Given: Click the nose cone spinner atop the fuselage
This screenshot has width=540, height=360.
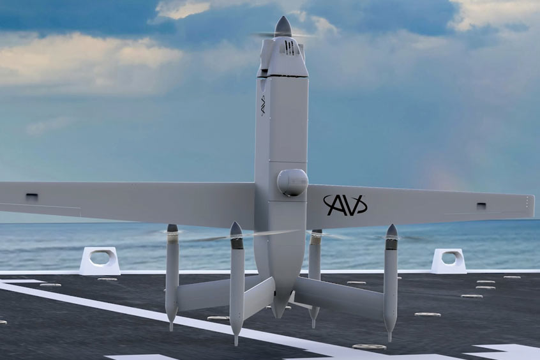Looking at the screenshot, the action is [283, 26].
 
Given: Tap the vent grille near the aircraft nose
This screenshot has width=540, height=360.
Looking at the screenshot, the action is [289, 47].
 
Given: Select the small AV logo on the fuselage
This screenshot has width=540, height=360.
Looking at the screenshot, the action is [263, 105].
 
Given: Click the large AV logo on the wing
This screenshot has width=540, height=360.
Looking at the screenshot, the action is [345, 205].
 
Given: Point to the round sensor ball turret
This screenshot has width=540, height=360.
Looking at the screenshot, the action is [292, 183].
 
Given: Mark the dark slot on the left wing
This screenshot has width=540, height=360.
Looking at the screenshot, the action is [32, 197].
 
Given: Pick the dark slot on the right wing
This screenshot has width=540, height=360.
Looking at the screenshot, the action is [481, 206].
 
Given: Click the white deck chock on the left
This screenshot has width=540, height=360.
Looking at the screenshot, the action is [100, 261].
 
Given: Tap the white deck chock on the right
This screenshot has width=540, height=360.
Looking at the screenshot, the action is [448, 261].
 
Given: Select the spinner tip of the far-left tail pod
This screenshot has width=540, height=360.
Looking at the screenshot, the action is [172, 228].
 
